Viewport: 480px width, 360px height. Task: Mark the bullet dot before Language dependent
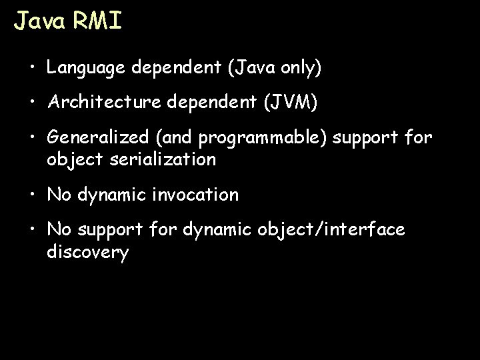[33, 68]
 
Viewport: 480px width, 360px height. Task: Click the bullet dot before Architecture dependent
[33, 103]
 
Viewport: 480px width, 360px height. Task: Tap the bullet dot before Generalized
[33, 139]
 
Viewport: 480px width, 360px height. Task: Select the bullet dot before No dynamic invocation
[33, 195]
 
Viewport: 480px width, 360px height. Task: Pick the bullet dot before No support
[33, 230]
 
